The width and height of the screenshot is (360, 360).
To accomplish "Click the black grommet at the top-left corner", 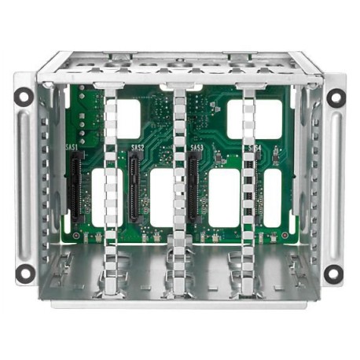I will (x=25, y=98).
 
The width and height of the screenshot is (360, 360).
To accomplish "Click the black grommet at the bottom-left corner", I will (x=25, y=273).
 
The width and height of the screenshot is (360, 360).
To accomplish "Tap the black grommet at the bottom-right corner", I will (x=334, y=274).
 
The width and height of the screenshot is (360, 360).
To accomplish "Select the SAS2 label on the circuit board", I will (x=138, y=147).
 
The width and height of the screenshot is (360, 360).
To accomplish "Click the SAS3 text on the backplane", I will (x=197, y=147).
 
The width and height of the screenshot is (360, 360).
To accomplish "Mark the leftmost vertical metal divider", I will (x=110, y=189).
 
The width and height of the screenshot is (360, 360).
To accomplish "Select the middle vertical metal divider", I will (x=180, y=189).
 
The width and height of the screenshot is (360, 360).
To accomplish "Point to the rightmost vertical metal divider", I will (x=249, y=189).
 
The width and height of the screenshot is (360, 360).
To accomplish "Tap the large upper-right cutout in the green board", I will (x=253, y=118).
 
